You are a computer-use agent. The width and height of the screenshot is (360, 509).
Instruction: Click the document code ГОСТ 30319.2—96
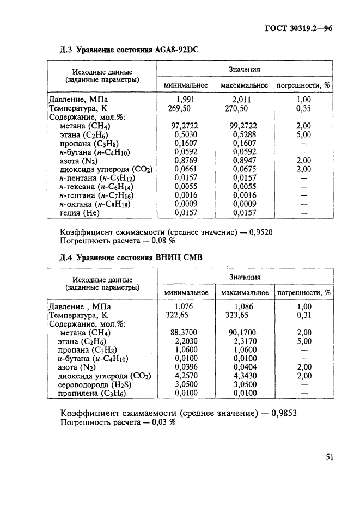pos(298,30)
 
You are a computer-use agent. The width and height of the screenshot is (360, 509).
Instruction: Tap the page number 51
pos(330,457)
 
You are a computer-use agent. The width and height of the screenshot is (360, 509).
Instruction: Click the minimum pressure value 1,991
pos(185,100)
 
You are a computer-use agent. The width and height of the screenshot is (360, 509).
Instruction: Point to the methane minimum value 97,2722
pos(185,126)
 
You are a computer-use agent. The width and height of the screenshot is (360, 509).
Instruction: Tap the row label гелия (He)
pos(83,213)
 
